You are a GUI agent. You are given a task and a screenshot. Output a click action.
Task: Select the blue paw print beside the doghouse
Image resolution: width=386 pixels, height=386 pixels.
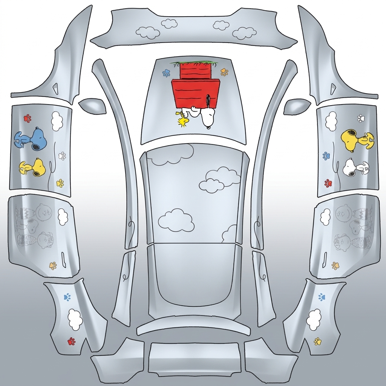166,73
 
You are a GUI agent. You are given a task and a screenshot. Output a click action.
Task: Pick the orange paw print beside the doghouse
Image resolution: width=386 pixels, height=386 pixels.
224,72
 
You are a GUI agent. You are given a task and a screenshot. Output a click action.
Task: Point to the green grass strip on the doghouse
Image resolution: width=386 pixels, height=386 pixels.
195,63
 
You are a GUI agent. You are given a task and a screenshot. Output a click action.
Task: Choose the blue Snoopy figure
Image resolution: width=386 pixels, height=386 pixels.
29,138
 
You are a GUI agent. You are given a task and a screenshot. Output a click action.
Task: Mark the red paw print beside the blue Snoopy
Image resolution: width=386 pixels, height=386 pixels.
27,118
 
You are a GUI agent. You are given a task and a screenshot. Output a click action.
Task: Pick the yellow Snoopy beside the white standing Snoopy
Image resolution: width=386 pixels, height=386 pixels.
357,140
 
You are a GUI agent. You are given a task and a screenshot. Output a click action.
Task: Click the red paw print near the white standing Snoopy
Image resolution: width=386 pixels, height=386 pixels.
328,183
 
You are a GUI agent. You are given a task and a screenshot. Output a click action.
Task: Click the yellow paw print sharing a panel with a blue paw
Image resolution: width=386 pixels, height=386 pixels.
318,342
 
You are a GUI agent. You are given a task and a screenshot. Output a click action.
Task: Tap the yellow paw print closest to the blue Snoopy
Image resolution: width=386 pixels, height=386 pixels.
60,183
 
